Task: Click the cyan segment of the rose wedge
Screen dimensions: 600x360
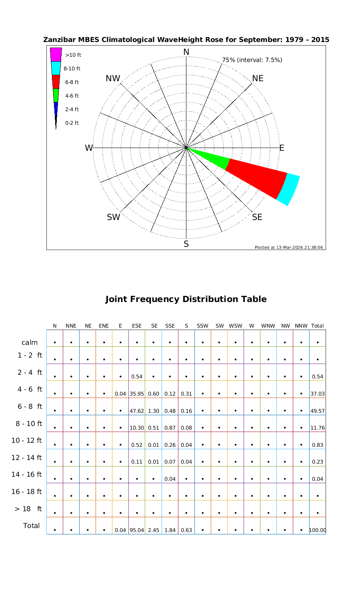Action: tap(289, 189)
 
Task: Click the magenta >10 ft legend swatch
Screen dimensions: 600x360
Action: tap(56, 54)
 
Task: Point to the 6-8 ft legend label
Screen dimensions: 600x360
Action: tap(72, 82)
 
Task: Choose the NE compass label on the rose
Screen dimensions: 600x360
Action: tap(258, 78)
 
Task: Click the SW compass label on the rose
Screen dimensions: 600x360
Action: tap(113, 217)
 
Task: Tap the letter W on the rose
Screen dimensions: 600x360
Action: tap(88, 148)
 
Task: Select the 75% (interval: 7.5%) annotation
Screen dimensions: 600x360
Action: tap(252, 60)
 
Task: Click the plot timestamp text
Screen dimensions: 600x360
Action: tap(288, 247)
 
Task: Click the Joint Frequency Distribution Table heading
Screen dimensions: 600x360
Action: tap(186, 299)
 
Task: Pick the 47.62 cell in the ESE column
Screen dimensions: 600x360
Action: tap(137, 411)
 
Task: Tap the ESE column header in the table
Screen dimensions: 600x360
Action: tap(137, 326)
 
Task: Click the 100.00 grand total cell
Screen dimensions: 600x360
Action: tap(318, 531)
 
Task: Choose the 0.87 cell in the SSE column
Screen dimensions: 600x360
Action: tap(170, 428)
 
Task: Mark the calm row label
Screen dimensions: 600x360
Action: tap(30, 342)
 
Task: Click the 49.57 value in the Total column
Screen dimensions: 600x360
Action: tap(318, 411)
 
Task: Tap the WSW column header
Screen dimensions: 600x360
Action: tap(236, 326)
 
